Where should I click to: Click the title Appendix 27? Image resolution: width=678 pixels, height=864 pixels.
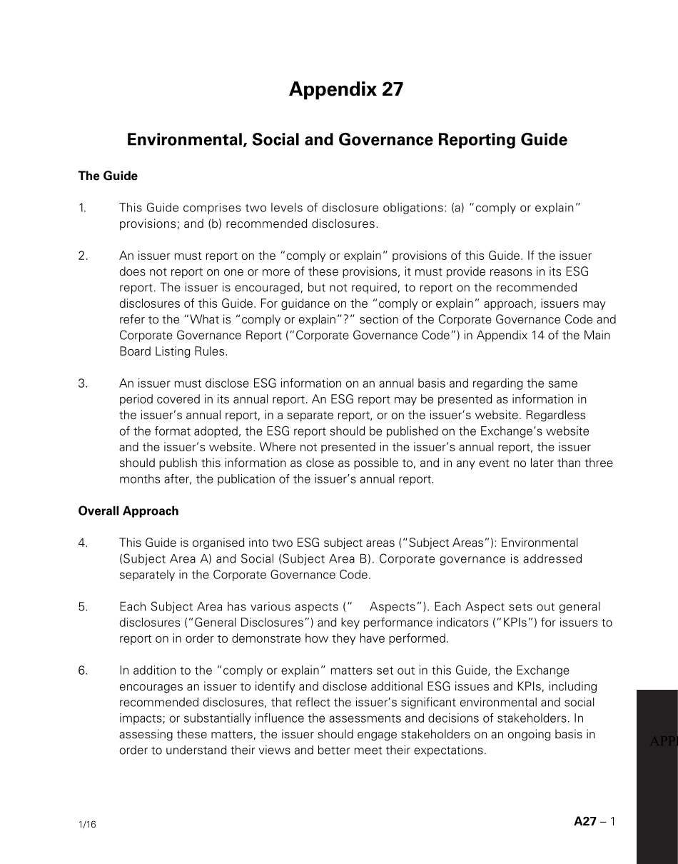tap(346, 89)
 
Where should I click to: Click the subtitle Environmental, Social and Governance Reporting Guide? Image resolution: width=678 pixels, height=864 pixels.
tap(347, 140)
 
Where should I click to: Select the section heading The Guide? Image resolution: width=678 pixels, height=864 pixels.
tap(108, 176)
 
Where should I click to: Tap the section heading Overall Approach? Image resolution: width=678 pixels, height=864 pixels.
tap(128, 511)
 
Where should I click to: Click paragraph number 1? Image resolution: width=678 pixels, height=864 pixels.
tap(82, 208)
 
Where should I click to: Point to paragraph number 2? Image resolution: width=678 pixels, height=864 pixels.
tap(83, 256)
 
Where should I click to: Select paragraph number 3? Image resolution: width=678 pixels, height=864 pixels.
tap(83, 383)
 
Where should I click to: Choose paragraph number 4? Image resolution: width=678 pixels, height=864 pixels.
tap(83, 543)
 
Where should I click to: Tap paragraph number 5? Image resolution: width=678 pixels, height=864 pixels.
tap(83, 607)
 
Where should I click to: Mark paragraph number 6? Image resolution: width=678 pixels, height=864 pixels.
tap(83, 670)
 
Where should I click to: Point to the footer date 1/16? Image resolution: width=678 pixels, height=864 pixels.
tap(87, 825)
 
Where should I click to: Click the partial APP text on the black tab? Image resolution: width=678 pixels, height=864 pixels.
tap(663, 742)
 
